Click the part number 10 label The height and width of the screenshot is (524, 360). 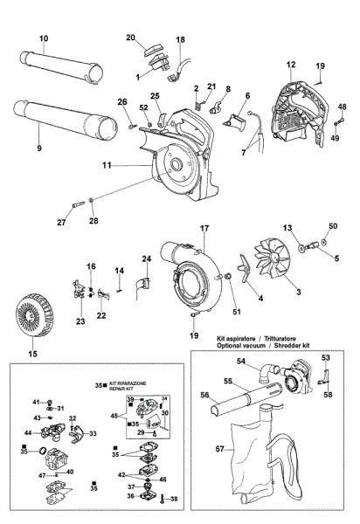44,38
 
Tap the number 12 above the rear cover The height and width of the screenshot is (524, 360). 290,65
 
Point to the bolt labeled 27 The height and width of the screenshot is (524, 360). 75,205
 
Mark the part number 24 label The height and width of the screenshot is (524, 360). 148,259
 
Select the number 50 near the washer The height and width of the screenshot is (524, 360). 332,225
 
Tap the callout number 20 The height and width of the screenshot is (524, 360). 130,38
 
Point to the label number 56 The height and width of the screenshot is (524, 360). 205,396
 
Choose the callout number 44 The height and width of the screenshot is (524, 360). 29,432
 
